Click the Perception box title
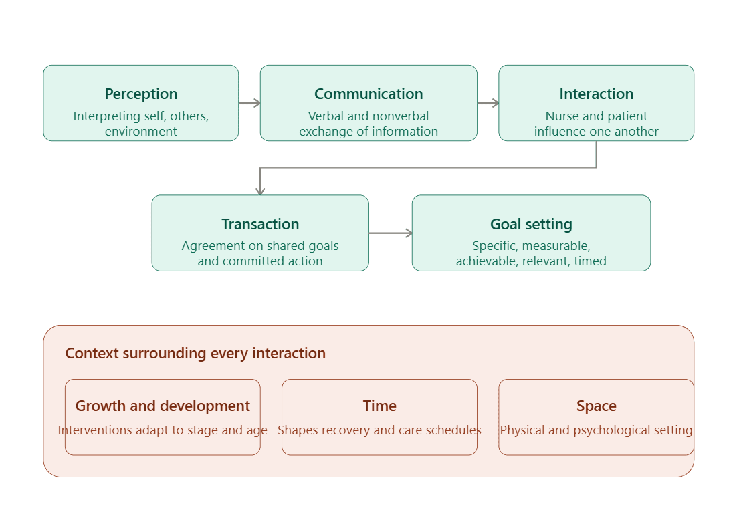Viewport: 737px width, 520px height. coord(141,94)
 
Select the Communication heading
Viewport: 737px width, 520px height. coord(368,94)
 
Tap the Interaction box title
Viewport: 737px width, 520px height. coord(596,94)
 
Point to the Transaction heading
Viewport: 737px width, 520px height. coord(260,224)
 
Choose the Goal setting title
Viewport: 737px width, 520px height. coord(531,224)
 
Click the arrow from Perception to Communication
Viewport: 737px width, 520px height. coord(249,103)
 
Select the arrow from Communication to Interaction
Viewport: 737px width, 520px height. coord(488,103)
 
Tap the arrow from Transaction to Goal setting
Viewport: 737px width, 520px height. coord(391,233)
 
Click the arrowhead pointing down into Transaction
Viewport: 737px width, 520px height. coord(260,191)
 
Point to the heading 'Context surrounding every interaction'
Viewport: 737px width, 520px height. coord(195,354)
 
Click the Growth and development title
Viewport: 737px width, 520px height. coord(163,406)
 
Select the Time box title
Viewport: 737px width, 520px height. coord(379,406)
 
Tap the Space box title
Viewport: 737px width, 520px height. coord(596,406)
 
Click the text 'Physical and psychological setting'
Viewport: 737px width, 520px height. coord(596,430)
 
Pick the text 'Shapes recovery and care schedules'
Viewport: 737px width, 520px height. coord(379,430)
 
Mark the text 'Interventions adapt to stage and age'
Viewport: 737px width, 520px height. coord(163,430)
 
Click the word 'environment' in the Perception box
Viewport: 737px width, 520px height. coord(141,132)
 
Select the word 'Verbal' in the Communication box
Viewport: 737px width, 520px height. coord(326,116)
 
